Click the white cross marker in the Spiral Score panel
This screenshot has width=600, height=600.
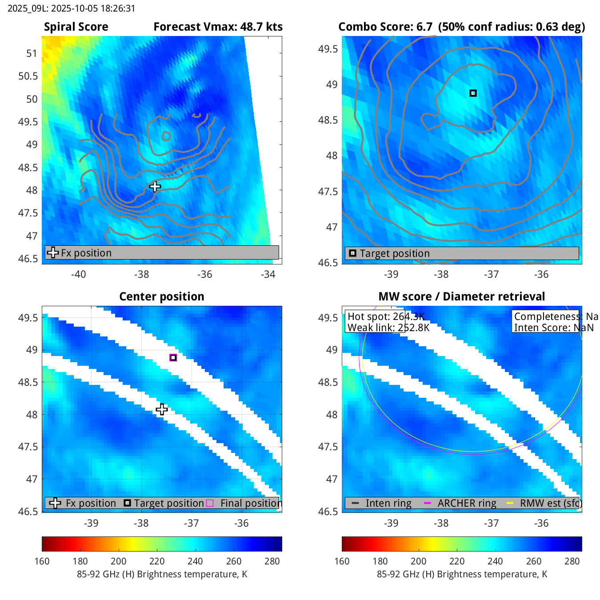[155, 187]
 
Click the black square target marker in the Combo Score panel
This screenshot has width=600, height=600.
[473, 93]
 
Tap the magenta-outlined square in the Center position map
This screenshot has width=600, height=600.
[173, 357]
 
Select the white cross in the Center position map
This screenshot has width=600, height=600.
[162, 409]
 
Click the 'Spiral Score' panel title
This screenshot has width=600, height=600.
[76, 27]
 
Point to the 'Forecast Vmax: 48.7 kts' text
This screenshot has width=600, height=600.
[218, 27]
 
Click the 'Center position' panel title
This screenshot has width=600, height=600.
[162, 296]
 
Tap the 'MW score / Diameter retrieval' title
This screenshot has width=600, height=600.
[461, 296]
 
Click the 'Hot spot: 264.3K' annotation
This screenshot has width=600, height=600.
[386, 316]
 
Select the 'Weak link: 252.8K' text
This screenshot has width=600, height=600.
[388, 328]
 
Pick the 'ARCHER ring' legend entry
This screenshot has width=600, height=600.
[467, 503]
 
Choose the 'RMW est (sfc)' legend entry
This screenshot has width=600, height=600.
[550, 503]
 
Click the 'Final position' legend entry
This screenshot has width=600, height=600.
[251, 503]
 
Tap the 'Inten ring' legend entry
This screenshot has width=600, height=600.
[388, 503]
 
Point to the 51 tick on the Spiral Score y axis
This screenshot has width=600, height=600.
[32, 53]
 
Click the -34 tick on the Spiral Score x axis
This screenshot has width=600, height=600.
[268, 274]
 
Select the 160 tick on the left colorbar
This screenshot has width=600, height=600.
[42, 561]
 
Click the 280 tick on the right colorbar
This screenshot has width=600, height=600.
[572, 561]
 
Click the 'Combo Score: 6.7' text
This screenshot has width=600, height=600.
[385, 27]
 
